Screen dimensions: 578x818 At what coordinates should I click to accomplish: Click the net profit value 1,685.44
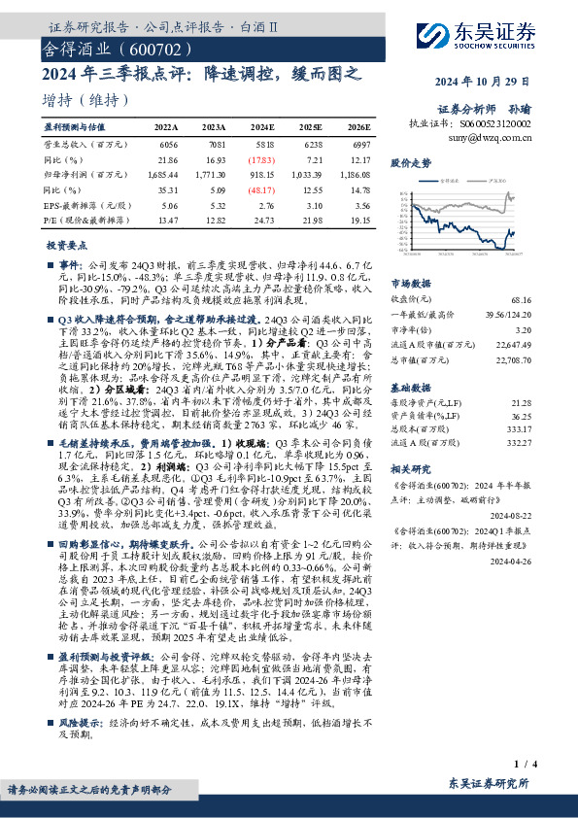coord(165,175)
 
